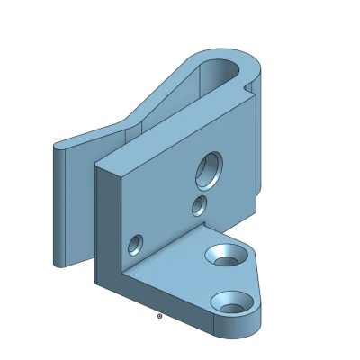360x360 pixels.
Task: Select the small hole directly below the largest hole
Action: click(x=199, y=206)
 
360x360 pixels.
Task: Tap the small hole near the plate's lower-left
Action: click(x=136, y=244)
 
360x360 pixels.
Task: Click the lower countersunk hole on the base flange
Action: click(x=231, y=302)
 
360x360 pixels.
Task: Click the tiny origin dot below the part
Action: click(x=159, y=316)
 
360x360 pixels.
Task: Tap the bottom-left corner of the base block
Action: click(x=96, y=283)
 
